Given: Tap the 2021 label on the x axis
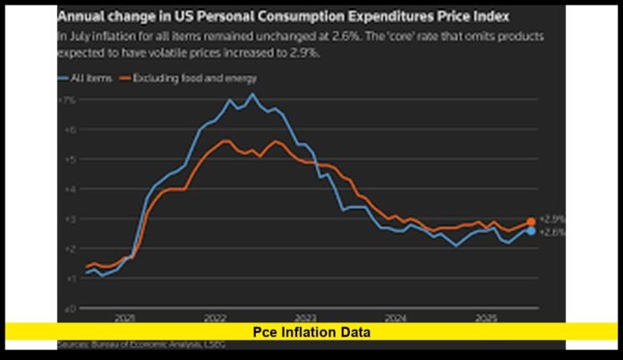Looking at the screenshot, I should click(x=124, y=318).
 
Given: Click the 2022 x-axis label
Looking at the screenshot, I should click(x=215, y=318).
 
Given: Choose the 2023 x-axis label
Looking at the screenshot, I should click(x=305, y=318).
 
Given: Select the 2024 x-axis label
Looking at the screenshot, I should click(x=396, y=318).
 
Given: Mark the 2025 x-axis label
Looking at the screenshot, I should click(x=486, y=318).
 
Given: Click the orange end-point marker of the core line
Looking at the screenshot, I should click(x=531, y=221).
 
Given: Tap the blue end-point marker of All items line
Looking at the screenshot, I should click(x=531, y=231).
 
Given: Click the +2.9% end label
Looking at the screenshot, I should click(x=553, y=219).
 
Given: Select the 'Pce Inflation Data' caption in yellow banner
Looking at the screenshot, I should click(x=311, y=332).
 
